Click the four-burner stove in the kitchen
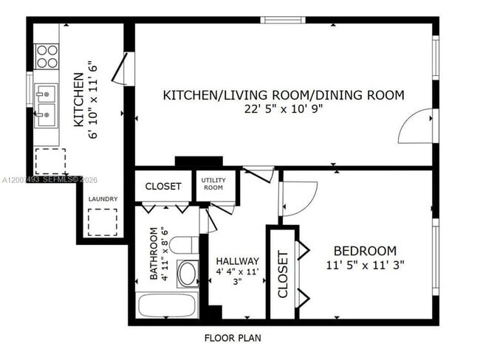point(47,56)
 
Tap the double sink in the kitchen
point(47,104)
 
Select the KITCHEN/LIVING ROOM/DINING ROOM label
point(283,94)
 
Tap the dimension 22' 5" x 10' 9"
point(284,108)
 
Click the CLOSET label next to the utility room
point(162,187)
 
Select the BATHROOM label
point(154,254)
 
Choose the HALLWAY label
point(237,261)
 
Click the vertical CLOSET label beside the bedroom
point(282,274)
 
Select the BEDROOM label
point(364,250)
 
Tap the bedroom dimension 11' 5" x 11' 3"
point(364,264)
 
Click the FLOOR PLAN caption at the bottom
point(232,339)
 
